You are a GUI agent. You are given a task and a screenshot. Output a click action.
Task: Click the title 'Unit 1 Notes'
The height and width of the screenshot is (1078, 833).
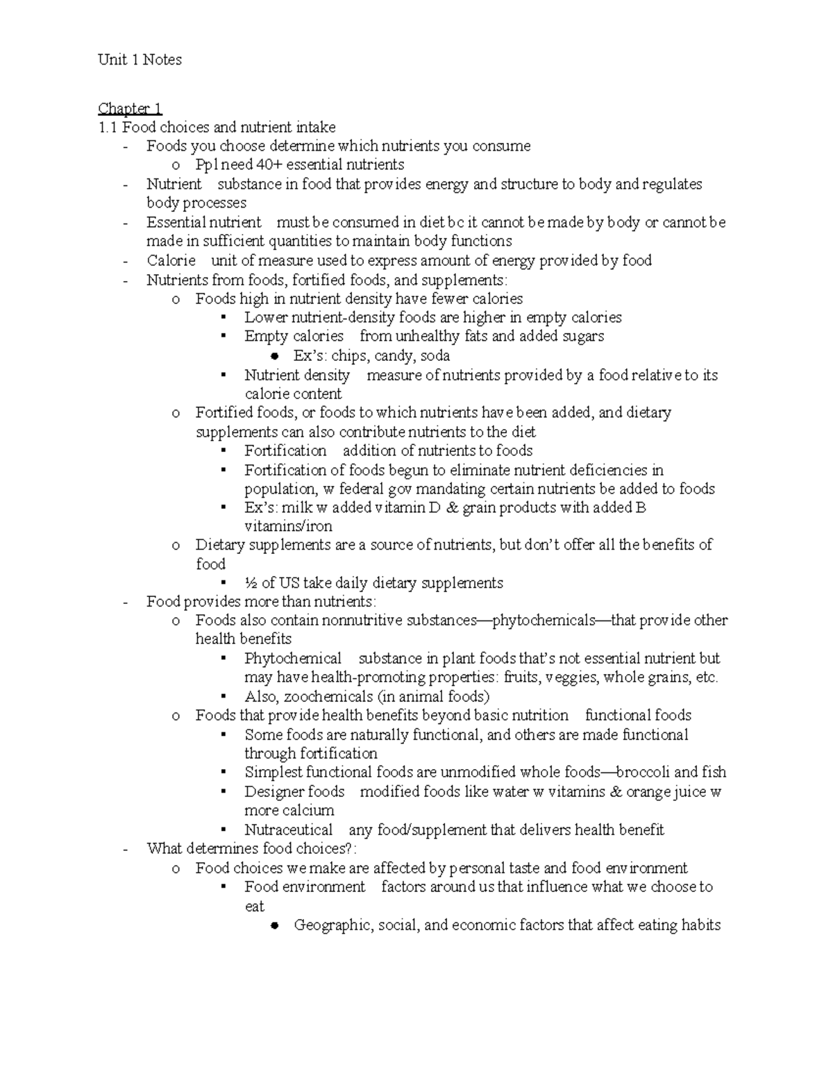tap(140, 60)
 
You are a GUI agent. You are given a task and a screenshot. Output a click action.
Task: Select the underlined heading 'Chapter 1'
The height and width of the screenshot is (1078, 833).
tap(130, 108)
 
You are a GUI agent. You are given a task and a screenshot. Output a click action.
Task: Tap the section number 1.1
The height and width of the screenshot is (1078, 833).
tap(108, 127)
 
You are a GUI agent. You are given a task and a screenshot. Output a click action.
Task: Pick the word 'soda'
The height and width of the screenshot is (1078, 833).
tap(435, 355)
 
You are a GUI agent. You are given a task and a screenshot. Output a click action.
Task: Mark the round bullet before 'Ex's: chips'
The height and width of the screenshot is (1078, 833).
tap(274, 357)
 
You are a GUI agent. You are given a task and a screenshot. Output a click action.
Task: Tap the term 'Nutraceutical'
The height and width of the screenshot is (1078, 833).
tap(288, 829)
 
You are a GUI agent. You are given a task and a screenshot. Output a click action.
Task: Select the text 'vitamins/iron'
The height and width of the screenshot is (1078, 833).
tap(288, 526)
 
